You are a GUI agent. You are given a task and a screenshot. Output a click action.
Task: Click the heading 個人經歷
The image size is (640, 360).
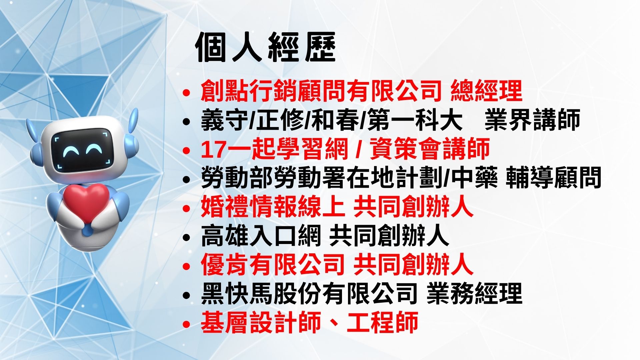(x=266, y=48)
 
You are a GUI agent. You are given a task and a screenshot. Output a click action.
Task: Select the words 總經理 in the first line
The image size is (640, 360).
(x=486, y=91)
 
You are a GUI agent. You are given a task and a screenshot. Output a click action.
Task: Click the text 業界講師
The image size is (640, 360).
(x=532, y=120)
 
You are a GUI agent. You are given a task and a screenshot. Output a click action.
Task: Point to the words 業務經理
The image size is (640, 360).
(x=474, y=294)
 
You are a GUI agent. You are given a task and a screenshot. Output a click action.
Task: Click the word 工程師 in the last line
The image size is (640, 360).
(x=383, y=323)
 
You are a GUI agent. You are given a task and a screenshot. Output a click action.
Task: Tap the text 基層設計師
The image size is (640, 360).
(x=261, y=323)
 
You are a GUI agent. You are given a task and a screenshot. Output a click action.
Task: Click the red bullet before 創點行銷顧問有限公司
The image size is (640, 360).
(x=187, y=92)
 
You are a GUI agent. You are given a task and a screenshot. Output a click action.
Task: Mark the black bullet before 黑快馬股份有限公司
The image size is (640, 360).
(x=187, y=295)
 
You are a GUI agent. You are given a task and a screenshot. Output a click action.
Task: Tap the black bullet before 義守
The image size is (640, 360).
(x=187, y=121)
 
